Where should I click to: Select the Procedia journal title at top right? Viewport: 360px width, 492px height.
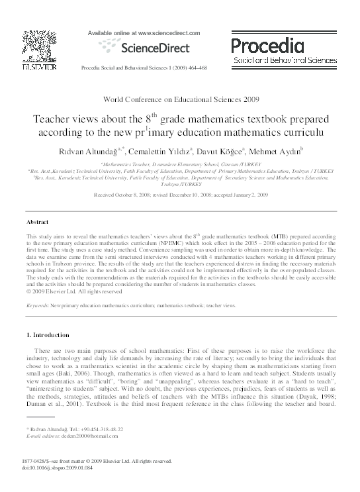click(267, 45)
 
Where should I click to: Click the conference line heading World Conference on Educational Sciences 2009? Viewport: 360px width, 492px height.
click(179, 99)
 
